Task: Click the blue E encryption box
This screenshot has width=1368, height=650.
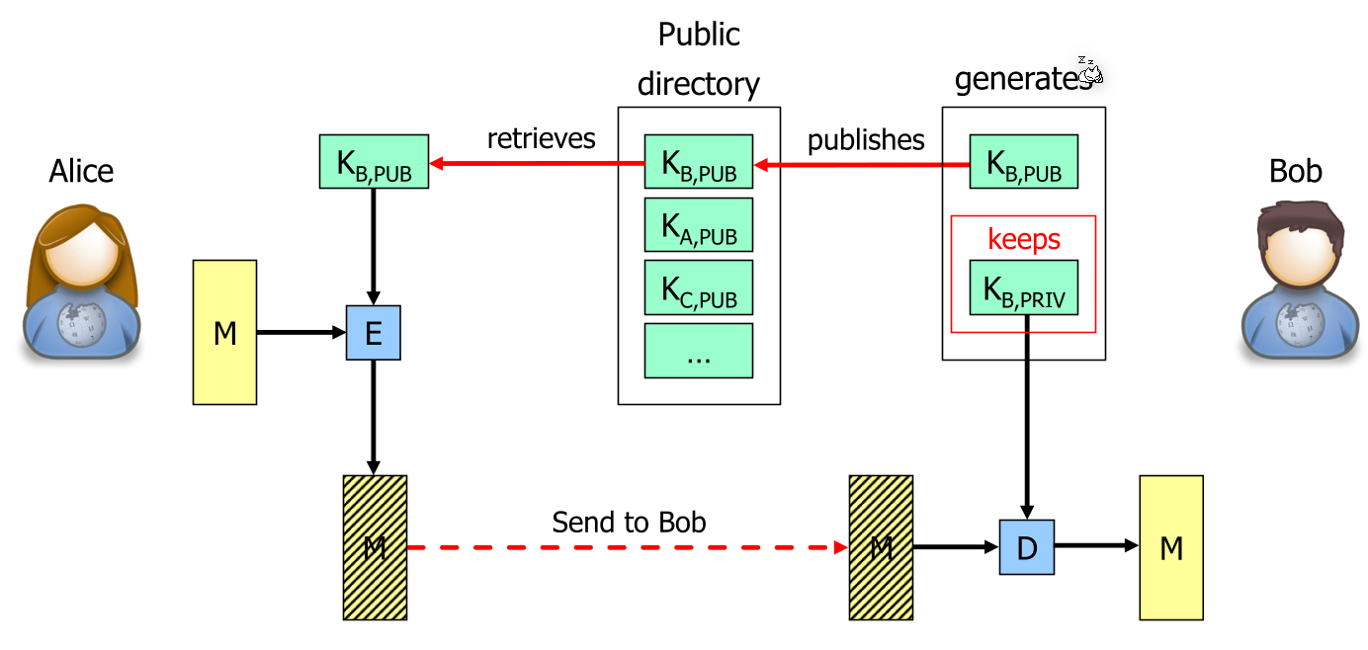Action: (x=373, y=333)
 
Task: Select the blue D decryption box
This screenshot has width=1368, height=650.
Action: (x=1026, y=547)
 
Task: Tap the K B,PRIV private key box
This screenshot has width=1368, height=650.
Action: (x=1023, y=287)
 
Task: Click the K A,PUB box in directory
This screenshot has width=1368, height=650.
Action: (x=699, y=225)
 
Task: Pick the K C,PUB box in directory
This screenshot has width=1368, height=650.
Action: (x=699, y=287)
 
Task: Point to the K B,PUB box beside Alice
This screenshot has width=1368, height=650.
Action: (x=374, y=162)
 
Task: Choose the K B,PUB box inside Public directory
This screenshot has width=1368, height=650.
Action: (x=699, y=162)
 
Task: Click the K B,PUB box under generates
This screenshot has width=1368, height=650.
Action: (x=1023, y=162)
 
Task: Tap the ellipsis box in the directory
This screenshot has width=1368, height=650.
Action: (x=699, y=351)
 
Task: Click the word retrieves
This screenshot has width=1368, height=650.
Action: (x=541, y=138)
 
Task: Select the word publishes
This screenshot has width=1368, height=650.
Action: (x=866, y=140)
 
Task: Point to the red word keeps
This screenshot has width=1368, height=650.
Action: (x=1023, y=239)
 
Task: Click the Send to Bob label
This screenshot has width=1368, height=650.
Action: (x=629, y=522)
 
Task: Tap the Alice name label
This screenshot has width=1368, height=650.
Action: (x=81, y=172)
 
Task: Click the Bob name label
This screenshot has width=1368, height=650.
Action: (x=1295, y=172)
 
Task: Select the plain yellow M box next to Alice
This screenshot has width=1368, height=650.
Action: (x=225, y=333)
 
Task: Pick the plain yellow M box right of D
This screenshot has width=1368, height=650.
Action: (x=1171, y=547)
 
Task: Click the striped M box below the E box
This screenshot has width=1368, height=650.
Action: (x=375, y=547)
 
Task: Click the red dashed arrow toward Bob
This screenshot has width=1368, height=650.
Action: (x=629, y=547)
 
